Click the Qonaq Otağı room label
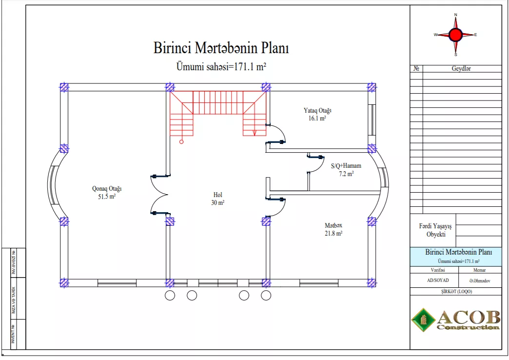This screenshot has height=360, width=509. (x=107, y=192)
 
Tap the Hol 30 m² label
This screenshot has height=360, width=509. (x=218, y=199)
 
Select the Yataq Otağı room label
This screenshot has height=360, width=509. (x=317, y=114)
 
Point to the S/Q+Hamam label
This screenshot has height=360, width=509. (x=346, y=170)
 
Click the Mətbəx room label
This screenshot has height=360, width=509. (x=333, y=229)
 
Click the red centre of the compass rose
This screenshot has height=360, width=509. (x=455, y=35)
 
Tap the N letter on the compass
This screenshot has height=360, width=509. (x=455, y=15)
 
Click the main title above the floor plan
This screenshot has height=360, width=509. (x=221, y=48)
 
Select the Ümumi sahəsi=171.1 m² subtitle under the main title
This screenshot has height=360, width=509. (x=221, y=66)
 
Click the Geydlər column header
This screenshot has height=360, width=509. (x=461, y=69)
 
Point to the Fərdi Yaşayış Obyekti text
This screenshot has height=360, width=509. (x=435, y=230)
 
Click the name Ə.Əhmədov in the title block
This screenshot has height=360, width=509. (x=479, y=280)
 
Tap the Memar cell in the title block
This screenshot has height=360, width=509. (x=479, y=270)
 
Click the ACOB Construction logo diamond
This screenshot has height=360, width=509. (x=423, y=320)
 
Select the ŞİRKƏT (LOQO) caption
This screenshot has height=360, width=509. (x=456, y=291)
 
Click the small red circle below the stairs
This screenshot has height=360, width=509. (x=181, y=141)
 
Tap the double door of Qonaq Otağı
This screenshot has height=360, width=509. (x=159, y=195)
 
